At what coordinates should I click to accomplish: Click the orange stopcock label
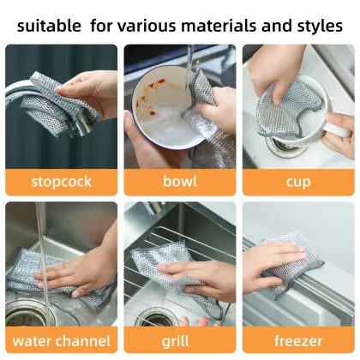61,181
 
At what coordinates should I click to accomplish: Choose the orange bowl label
180,181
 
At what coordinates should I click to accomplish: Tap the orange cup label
298,181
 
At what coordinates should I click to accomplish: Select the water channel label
61,340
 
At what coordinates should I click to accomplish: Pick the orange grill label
180,340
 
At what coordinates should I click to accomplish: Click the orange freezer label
298,340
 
